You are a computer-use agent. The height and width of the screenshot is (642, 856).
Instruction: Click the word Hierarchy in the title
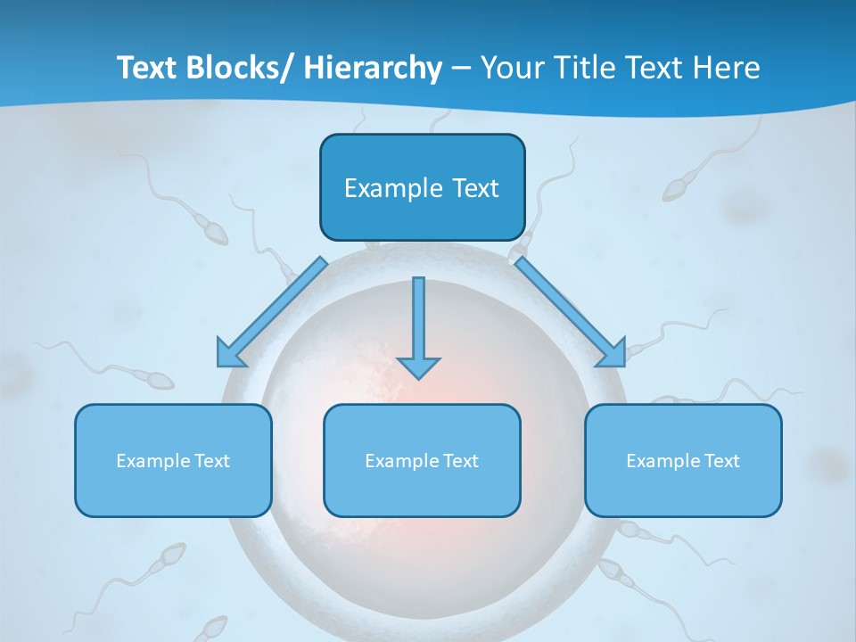[x=373, y=68]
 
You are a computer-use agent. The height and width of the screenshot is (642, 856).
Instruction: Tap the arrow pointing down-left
[x=273, y=311]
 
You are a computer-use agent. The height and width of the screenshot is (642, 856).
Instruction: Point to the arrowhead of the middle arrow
[x=418, y=366]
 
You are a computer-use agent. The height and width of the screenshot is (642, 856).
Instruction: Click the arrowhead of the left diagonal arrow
[x=229, y=354]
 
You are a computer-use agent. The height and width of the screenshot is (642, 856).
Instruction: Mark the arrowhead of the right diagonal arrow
[x=613, y=354]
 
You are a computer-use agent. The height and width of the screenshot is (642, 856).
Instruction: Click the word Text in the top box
[x=471, y=188]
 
